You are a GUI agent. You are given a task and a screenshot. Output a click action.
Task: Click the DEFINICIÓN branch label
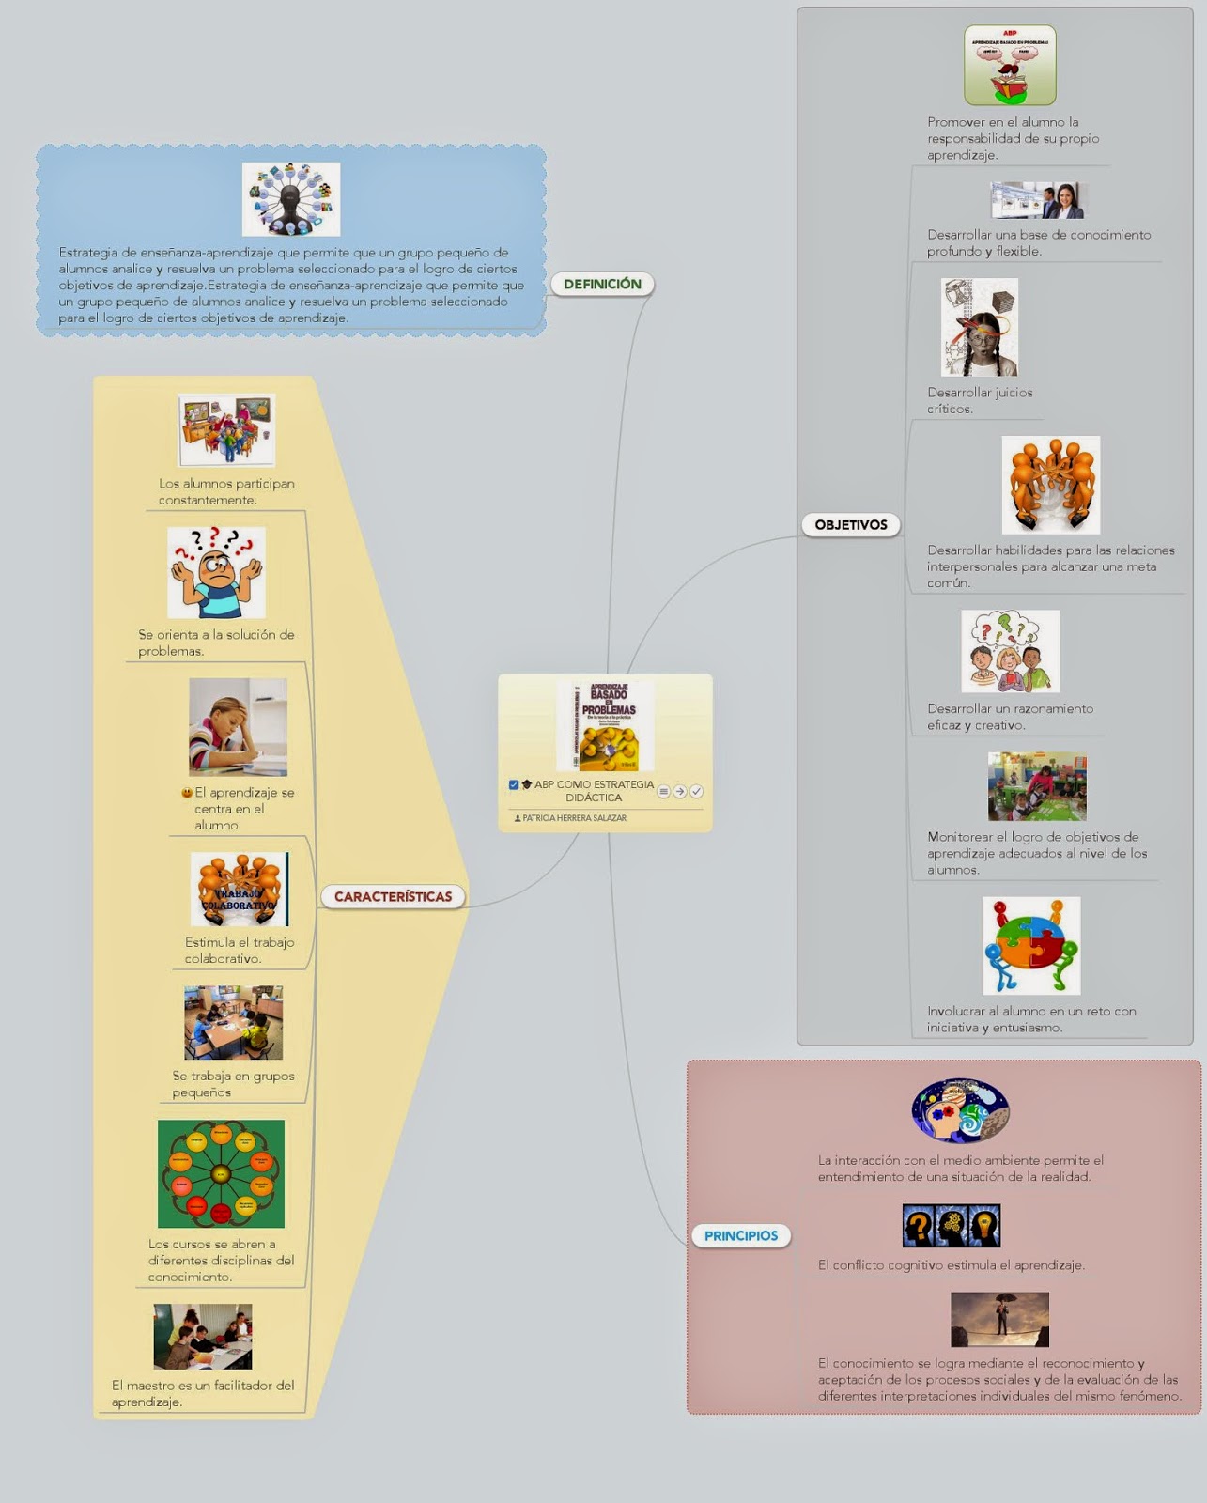click(602, 284)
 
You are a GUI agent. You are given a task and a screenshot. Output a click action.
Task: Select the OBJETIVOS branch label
click(851, 525)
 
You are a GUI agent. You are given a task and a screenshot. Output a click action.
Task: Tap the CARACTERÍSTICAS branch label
click(394, 896)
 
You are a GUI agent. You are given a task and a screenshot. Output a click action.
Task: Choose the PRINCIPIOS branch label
click(741, 1236)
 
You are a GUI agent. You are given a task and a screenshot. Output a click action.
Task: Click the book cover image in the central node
click(606, 726)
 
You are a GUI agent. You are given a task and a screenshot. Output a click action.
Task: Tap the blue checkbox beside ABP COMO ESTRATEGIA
click(514, 784)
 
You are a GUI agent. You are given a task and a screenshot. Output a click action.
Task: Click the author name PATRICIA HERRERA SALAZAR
click(573, 818)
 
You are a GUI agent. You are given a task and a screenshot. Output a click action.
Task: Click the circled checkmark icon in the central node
click(696, 792)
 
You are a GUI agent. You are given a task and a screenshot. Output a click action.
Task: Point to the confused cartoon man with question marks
click(216, 572)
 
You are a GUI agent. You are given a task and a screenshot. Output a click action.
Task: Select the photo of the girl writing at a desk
click(238, 727)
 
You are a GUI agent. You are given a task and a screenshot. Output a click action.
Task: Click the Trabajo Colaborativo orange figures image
click(240, 890)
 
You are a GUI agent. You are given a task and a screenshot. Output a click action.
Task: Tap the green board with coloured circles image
click(221, 1173)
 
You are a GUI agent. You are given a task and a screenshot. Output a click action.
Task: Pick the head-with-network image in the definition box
click(291, 199)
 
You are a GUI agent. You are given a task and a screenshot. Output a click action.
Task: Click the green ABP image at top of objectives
click(1010, 65)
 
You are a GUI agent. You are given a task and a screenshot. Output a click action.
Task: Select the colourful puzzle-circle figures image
click(1031, 945)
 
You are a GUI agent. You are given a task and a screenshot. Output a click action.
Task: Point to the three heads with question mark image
click(951, 1226)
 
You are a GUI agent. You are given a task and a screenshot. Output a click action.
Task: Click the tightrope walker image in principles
click(999, 1319)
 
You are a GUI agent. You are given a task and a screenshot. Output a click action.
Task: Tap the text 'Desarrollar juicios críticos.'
click(980, 400)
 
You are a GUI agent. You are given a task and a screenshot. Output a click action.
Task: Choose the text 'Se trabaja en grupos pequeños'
click(233, 1084)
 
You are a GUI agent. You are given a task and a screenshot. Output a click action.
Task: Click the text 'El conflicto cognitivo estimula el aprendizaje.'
click(951, 1265)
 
